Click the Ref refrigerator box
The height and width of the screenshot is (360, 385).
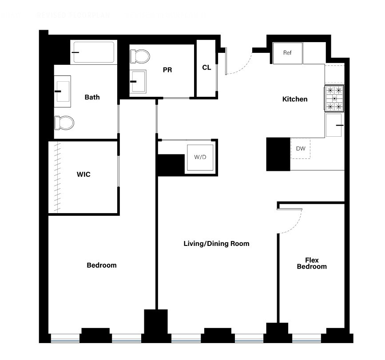[x=287, y=53]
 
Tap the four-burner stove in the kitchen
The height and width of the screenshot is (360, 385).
[x=334, y=98]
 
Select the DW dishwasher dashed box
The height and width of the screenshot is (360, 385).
[x=301, y=149]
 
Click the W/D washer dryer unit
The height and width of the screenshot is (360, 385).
[x=200, y=158]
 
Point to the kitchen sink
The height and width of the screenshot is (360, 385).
[x=334, y=125]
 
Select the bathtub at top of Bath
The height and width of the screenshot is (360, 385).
[x=94, y=52]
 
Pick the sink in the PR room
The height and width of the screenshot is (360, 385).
[x=138, y=81]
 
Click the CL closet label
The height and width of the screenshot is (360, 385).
[x=206, y=67]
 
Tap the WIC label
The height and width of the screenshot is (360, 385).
[x=83, y=174]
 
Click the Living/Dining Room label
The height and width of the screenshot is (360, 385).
[x=216, y=244]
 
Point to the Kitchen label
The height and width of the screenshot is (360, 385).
[x=295, y=99]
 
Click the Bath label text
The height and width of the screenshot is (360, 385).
[x=92, y=97]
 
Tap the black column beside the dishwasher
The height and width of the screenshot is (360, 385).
[x=278, y=154]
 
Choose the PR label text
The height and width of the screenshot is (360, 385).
[x=167, y=70]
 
